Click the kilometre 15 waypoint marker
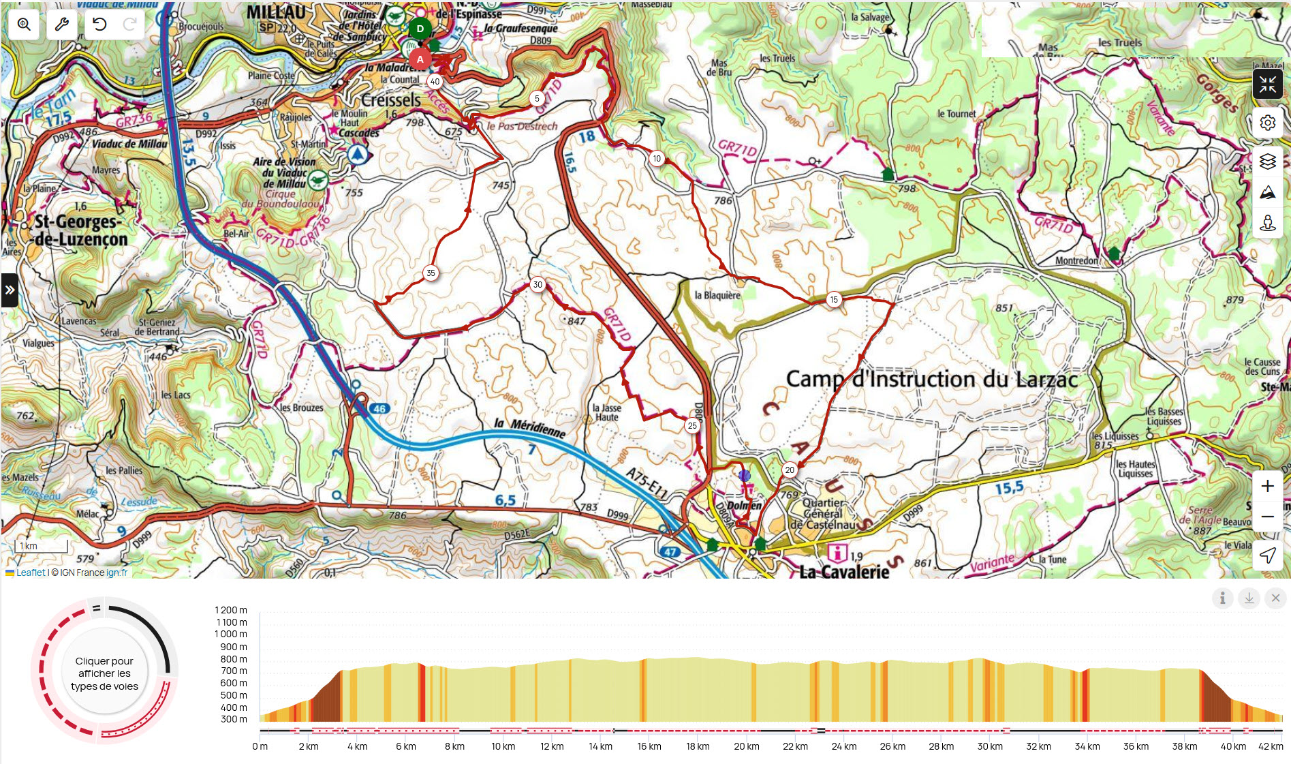(x=834, y=300)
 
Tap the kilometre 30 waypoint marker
(x=538, y=285)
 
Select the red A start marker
(x=420, y=59)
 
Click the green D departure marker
(x=420, y=29)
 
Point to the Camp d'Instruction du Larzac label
(x=931, y=379)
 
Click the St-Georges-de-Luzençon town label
(x=80, y=230)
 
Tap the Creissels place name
(x=391, y=100)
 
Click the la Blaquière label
(x=717, y=295)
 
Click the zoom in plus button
(x=1267, y=486)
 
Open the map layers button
(x=1267, y=162)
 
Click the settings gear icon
(x=1267, y=123)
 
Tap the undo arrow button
(x=99, y=25)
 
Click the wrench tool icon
(x=61, y=25)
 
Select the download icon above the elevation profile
(x=1249, y=598)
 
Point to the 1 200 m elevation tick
(x=231, y=610)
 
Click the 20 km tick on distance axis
(x=746, y=746)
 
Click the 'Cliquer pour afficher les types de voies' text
(x=104, y=673)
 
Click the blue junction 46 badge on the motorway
(x=379, y=409)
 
